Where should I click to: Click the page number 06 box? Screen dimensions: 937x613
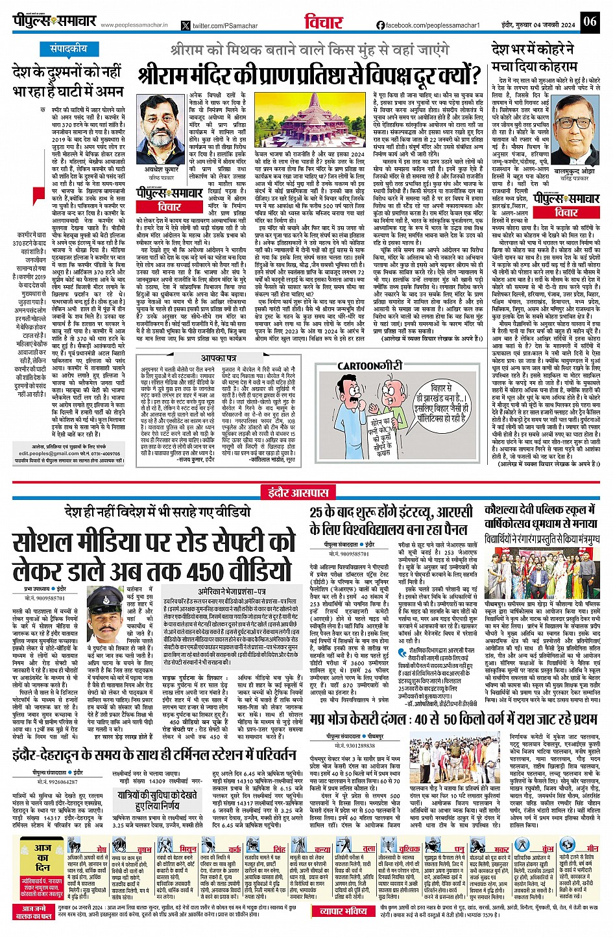pos(589,21)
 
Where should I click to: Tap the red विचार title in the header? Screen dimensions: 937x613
pos(323,21)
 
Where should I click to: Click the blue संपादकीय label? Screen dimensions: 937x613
pos(68,49)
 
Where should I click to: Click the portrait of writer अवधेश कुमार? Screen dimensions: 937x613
pos(158,129)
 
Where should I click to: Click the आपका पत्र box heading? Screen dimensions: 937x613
pos(218,358)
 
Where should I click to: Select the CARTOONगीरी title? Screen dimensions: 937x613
pos(369,366)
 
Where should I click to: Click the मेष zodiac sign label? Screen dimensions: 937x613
pos(101,849)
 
